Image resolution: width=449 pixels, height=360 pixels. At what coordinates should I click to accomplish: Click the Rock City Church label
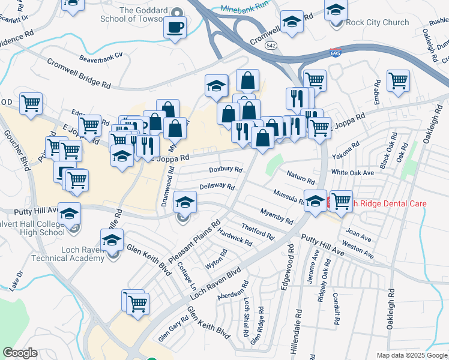tap(378, 23)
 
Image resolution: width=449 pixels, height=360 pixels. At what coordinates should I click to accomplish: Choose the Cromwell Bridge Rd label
tap(79, 73)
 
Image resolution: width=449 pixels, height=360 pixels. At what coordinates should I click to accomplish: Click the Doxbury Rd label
tap(226, 170)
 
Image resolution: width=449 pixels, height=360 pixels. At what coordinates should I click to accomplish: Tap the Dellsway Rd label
tap(217, 187)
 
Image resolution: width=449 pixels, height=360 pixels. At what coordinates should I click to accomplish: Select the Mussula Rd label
tap(289, 196)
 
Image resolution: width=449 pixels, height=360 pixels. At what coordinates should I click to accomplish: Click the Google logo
tap(20, 353)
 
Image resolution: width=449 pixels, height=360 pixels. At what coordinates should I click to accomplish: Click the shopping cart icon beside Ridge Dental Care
tap(341, 201)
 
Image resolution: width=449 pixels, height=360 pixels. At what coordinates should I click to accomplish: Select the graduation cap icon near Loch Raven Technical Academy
tap(112, 241)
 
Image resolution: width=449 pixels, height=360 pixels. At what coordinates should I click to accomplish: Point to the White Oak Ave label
tap(352, 172)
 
